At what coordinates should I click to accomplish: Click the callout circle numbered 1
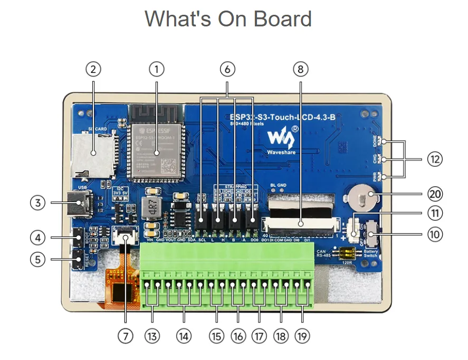tap(156, 69)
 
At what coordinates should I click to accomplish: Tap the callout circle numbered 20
tap(435, 194)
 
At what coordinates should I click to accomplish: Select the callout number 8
tap(300, 69)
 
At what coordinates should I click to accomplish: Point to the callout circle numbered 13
tap(152, 336)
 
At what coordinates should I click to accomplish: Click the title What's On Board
tap(228, 19)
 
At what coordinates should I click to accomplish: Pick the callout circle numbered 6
tap(227, 69)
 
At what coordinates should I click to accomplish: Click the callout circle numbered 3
tap(37, 203)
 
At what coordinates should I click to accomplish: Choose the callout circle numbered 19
tap(302, 336)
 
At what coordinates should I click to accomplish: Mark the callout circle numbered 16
tap(238, 336)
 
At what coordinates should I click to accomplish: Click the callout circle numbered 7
tap(125, 336)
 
